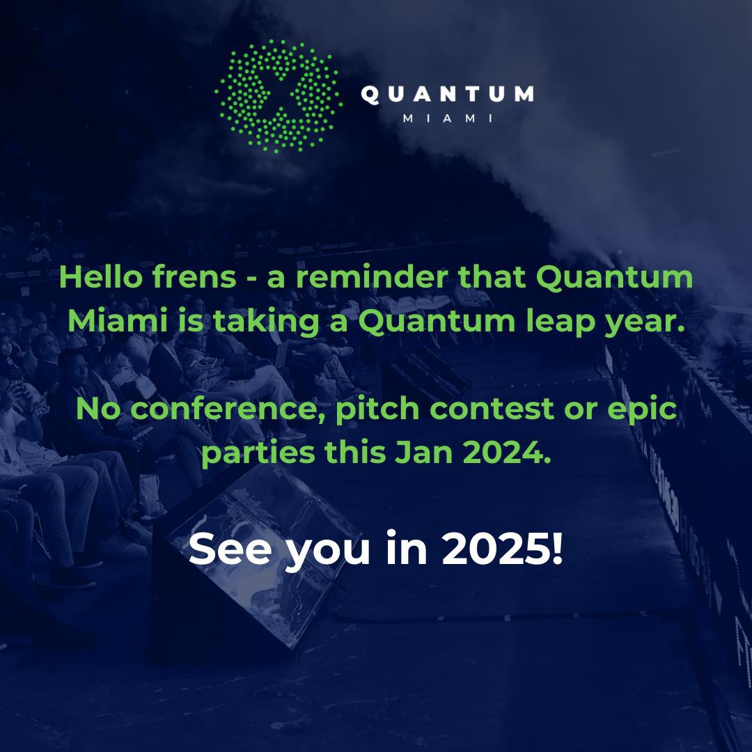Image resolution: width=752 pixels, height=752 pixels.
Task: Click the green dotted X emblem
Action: click(279, 96)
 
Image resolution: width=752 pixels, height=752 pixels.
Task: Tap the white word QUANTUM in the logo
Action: click(447, 95)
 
